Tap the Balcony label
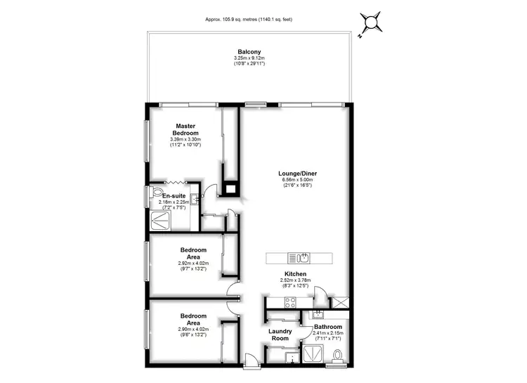tap(249, 51)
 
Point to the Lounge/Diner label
tap(297, 172)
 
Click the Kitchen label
tap(296, 274)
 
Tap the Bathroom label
tap(327, 327)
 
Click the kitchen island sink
tap(304, 257)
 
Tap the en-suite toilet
tap(157, 192)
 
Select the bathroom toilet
tap(337, 356)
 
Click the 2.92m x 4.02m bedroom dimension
tap(193, 263)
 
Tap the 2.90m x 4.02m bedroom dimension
tap(193, 328)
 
